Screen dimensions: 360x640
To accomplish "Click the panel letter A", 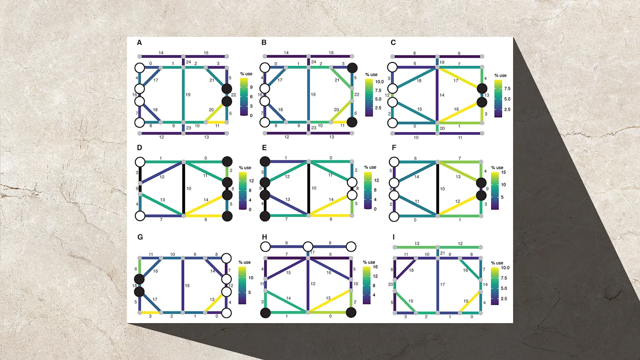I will pyautogui.click(x=139, y=43).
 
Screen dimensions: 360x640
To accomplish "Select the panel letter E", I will pyautogui.click(x=264, y=148).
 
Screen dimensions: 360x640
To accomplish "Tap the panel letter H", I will pyautogui.click(x=264, y=237).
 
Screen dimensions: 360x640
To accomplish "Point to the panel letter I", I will pyautogui.click(x=393, y=237).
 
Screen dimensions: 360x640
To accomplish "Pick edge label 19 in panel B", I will pyautogui.click(x=313, y=95).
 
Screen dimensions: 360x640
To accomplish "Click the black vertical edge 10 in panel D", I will pyautogui.click(x=183, y=189).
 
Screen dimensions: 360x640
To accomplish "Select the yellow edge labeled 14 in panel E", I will pyautogui.click(x=330, y=205).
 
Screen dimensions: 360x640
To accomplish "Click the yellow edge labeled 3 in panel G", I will pyautogui.click(x=150, y=313).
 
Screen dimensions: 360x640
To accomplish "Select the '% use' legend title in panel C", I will pyautogui.click(x=500, y=76).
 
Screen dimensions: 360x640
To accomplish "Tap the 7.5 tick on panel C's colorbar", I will pyautogui.click(x=507, y=89).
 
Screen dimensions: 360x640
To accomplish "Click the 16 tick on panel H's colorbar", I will pyautogui.click(x=375, y=267).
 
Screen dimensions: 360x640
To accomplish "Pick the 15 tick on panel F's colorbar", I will pyautogui.click(x=503, y=172).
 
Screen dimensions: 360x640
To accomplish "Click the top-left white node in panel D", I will pyautogui.click(x=140, y=162).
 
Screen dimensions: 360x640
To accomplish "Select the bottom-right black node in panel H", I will pyautogui.click(x=351, y=313).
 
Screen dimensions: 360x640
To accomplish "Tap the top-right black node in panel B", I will pyautogui.click(x=352, y=68).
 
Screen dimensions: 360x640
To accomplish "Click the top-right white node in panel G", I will pyautogui.click(x=226, y=258).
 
